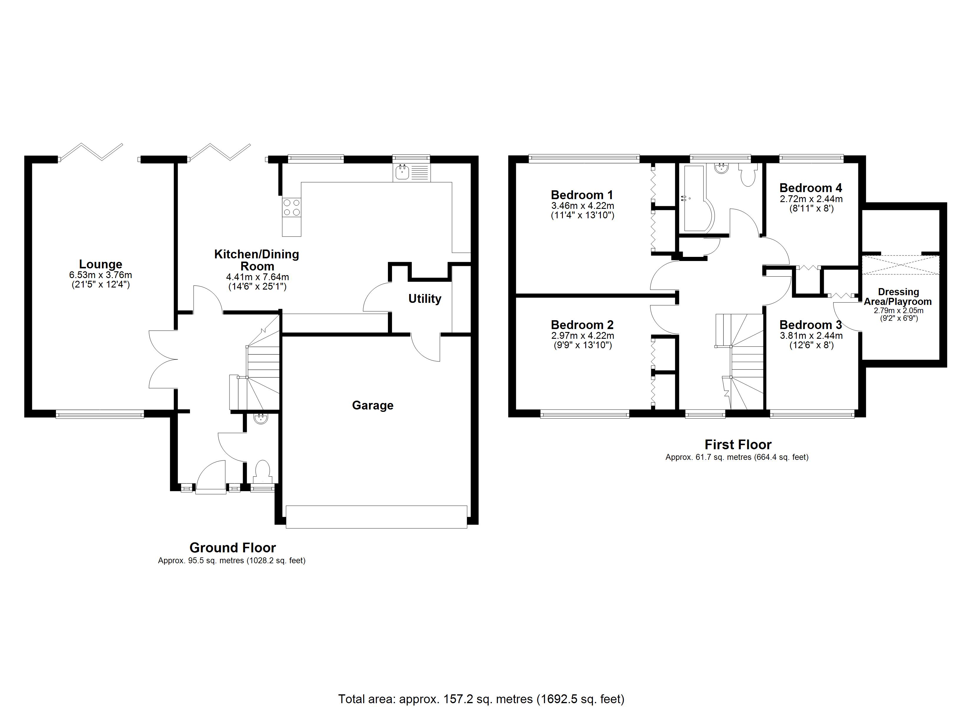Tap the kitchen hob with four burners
click(291, 207)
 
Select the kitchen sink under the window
click(411, 173)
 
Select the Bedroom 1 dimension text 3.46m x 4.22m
click(582, 206)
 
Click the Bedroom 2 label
click(582, 325)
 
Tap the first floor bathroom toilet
click(748, 176)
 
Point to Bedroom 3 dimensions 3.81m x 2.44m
click(811, 336)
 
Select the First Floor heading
click(738, 445)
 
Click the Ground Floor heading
click(232, 548)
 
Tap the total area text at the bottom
click(481, 699)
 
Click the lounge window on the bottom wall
click(100, 414)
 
